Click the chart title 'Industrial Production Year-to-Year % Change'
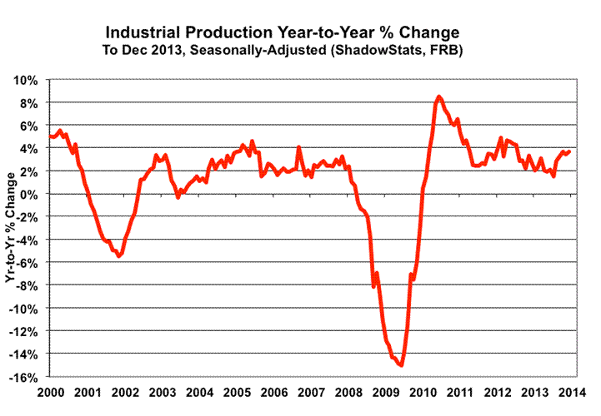coord(283,32)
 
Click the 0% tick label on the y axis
coord(29,195)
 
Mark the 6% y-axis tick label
coord(29,126)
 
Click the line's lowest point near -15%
coord(402,364)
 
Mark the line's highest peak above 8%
coord(439,97)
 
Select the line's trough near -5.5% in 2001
coord(119,256)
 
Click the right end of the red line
coord(570,151)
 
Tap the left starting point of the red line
coord(50,136)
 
